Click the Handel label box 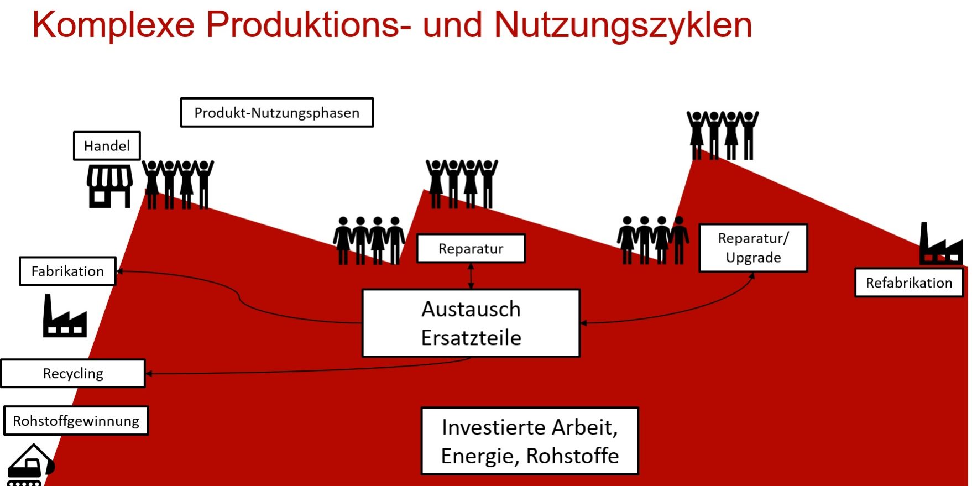pyautogui.click(x=107, y=146)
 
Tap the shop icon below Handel pyautogui.click(x=109, y=186)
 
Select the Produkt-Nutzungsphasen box pyautogui.click(x=276, y=113)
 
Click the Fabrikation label pyautogui.click(x=67, y=271)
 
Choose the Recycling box pyautogui.click(x=73, y=374)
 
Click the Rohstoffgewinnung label pyautogui.click(x=76, y=421)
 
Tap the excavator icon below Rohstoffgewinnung pyautogui.click(x=30, y=466)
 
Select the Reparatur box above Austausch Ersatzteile pyautogui.click(x=471, y=249)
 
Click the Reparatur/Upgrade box pyautogui.click(x=753, y=248)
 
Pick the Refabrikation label pyautogui.click(x=908, y=283)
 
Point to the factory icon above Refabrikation pyautogui.click(x=940, y=245)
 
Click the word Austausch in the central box pyautogui.click(x=471, y=309)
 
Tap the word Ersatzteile pyautogui.click(x=471, y=338)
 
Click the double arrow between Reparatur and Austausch pyautogui.click(x=471, y=276)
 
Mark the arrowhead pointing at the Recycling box pyautogui.click(x=149, y=374)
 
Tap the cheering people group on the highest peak pyautogui.click(x=722, y=135)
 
